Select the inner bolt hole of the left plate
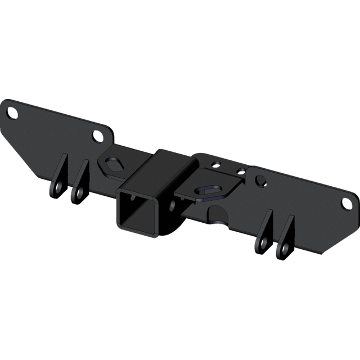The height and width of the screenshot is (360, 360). point(97,136)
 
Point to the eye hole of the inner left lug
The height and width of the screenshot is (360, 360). point(75,194)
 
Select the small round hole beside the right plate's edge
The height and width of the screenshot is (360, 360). point(240,169)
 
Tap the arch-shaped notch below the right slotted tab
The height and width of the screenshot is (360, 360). point(217,214)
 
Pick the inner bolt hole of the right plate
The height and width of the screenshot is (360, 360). point(260,180)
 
